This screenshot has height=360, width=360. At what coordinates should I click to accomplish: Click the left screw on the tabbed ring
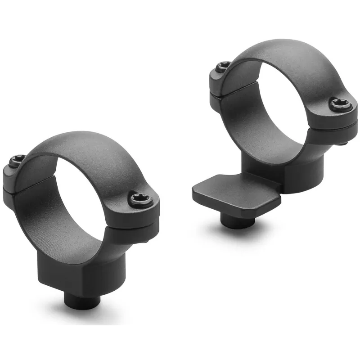(222, 67)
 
